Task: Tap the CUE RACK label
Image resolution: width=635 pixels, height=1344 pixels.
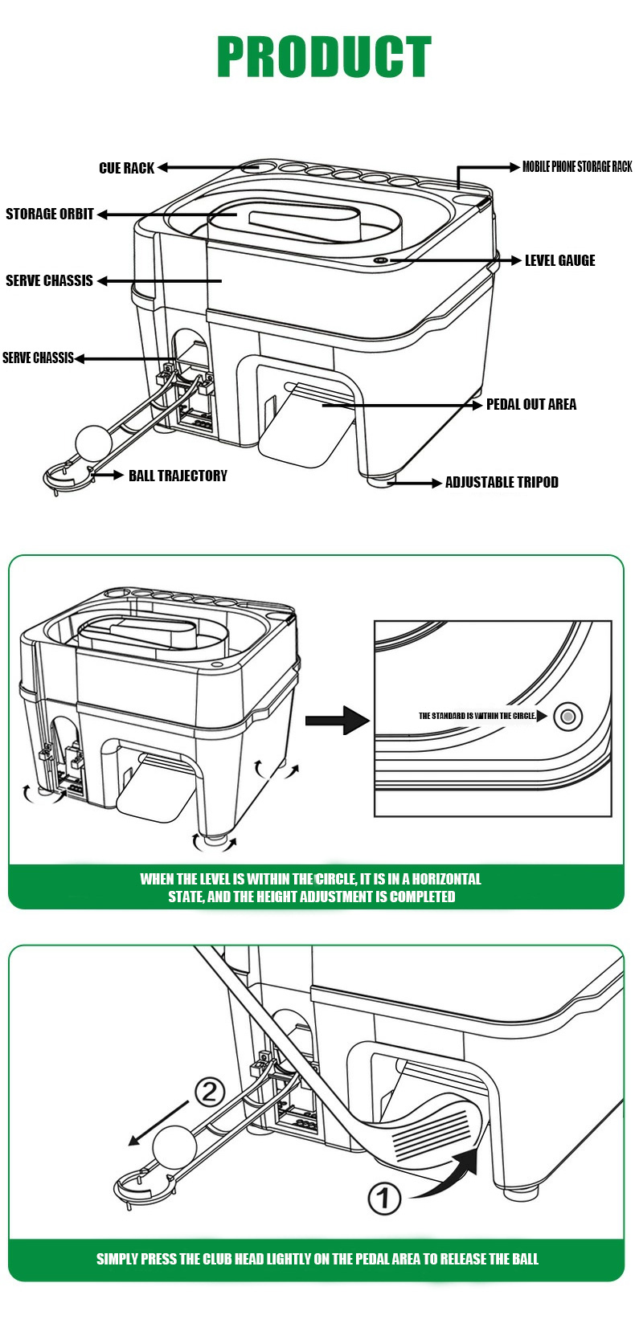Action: [126, 168]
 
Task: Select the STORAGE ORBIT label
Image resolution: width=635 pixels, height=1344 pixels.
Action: [50, 214]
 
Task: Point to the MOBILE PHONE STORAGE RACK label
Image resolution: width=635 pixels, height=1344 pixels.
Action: [577, 167]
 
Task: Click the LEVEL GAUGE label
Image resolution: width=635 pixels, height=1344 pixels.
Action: [559, 260]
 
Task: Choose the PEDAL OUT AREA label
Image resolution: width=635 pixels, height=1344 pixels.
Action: [531, 404]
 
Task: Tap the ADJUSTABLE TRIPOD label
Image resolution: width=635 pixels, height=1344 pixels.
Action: [502, 482]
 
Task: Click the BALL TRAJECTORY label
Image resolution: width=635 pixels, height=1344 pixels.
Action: [178, 476]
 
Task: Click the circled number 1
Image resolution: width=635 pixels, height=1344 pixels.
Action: [384, 1199]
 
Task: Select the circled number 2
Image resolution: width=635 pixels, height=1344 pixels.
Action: [210, 1093]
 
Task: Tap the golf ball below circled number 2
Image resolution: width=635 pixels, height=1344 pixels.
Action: [175, 1144]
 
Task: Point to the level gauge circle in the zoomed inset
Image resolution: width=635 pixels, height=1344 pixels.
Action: [568, 716]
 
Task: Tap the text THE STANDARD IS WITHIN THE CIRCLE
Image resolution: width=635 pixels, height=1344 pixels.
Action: [477, 715]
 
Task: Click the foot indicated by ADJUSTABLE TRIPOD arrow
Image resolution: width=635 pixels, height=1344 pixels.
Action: [378, 480]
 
